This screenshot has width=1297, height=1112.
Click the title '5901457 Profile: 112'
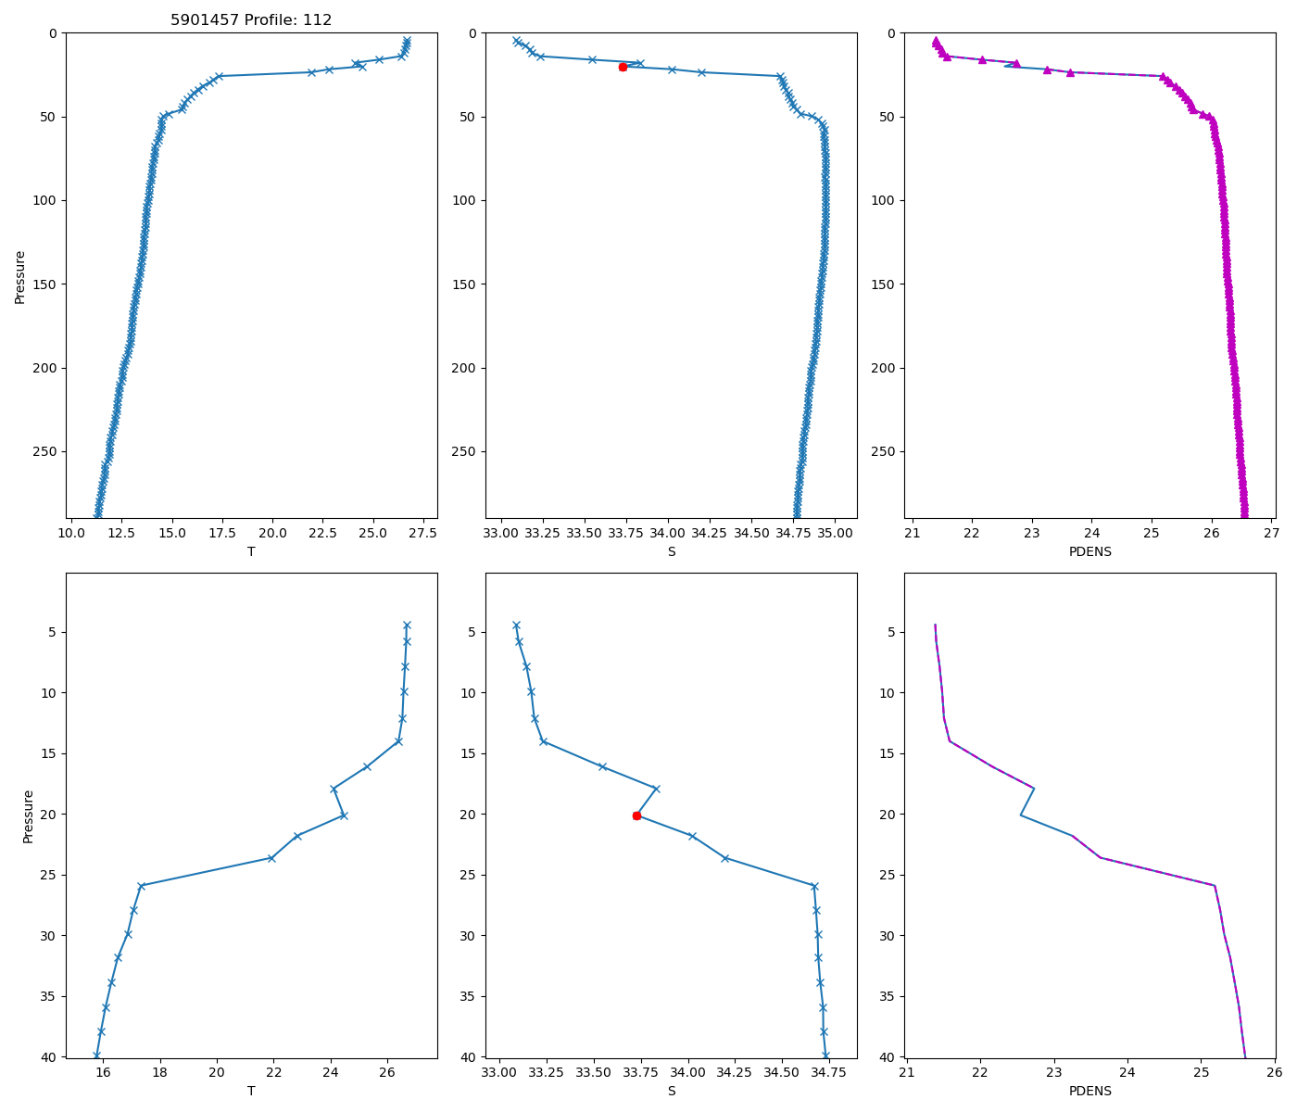pyautogui.click(x=251, y=20)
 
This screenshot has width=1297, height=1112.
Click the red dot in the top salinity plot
pyautogui.click(x=623, y=67)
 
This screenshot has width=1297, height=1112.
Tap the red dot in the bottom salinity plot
pyautogui.click(x=636, y=815)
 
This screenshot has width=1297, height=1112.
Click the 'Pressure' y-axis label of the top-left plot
pyautogui.click(x=20, y=276)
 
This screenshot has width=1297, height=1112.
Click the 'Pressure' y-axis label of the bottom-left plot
pyautogui.click(x=28, y=816)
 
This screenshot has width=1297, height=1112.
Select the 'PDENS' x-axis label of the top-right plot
pyautogui.click(x=1089, y=551)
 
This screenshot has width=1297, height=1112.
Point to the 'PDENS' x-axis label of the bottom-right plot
pyautogui.click(x=1089, y=1091)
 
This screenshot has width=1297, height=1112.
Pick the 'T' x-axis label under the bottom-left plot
pyautogui.click(x=251, y=1091)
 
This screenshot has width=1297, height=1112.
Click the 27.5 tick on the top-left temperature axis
pyautogui.click(x=422, y=534)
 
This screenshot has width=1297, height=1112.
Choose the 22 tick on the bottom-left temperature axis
pyautogui.click(x=274, y=1073)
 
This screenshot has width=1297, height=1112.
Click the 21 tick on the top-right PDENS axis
pyautogui.click(x=913, y=534)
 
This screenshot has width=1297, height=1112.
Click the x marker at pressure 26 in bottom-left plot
pyautogui.click(x=141, y=886)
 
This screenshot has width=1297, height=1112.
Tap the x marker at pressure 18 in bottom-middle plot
pyautogui.click(x=656, y=789)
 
